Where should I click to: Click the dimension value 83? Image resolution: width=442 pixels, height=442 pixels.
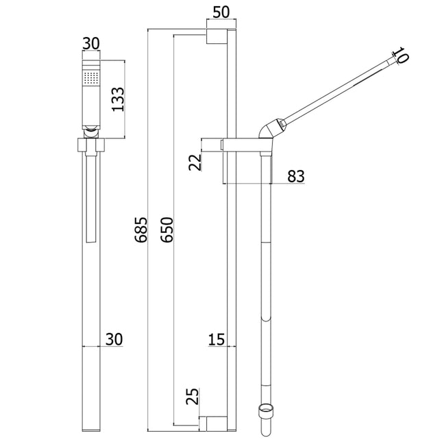point(296,176)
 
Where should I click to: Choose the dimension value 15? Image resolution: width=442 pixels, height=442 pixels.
point(217,339)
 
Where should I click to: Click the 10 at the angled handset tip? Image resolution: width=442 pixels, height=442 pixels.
point(402,56)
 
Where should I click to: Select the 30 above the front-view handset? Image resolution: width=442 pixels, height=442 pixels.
point(91,43)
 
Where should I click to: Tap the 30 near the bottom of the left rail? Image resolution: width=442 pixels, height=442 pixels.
point(114,339)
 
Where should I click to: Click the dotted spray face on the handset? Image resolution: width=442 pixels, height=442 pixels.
point(91,77)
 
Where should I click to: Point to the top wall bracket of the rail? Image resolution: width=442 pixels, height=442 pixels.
point(217,38)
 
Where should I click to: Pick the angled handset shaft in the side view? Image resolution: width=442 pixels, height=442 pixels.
point(336,92)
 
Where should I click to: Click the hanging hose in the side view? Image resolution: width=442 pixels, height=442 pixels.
point(266,274)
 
